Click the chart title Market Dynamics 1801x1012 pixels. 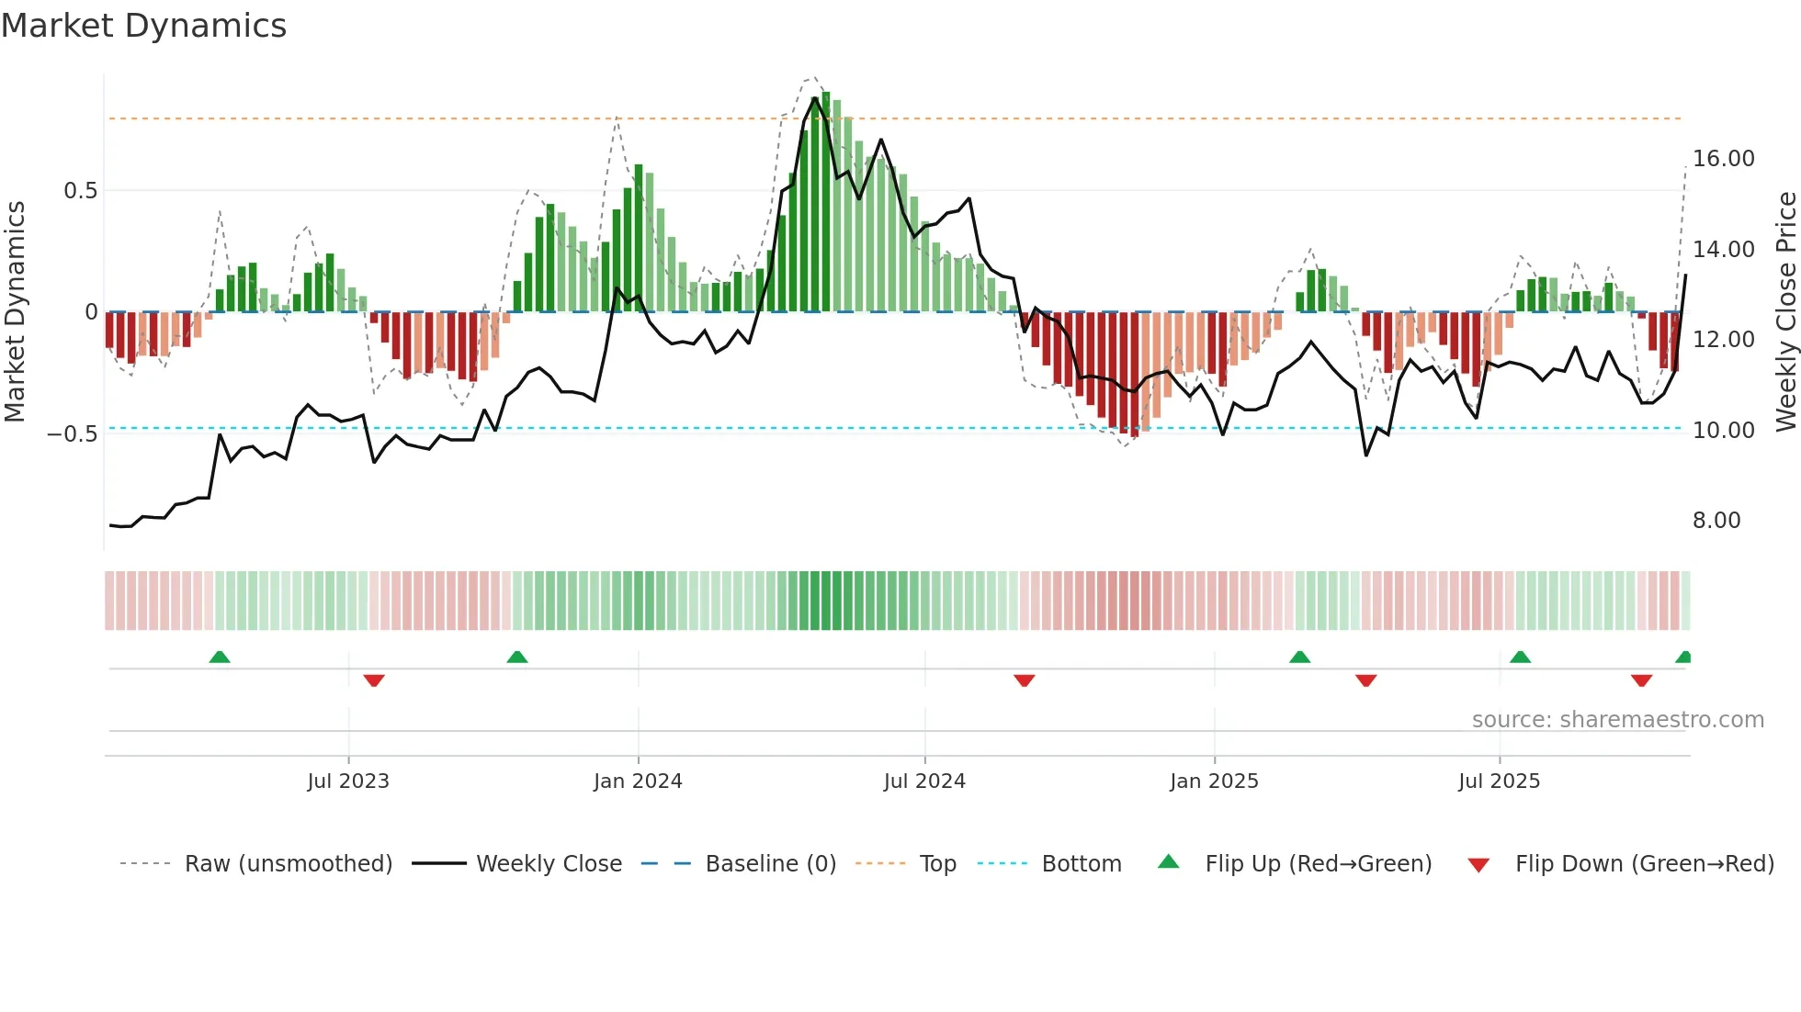143,26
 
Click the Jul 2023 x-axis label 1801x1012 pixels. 348,781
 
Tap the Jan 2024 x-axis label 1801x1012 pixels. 638,781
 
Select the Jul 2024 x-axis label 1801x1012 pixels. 924,781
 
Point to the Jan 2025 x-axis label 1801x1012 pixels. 1214,781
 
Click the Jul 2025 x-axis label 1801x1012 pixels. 1499,781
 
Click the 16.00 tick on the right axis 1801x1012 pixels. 1723,159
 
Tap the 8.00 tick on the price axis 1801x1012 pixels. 1716,521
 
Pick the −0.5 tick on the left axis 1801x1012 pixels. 73,433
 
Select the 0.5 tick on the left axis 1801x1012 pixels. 80,191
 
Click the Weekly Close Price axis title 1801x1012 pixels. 1785,312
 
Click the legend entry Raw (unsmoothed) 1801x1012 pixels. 288,864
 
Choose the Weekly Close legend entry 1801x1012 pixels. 549,864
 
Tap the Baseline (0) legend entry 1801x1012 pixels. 770,864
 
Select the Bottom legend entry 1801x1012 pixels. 1081,864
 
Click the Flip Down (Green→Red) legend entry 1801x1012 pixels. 1644,864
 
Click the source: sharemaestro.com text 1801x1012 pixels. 1617,720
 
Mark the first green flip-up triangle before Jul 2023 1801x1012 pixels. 220,658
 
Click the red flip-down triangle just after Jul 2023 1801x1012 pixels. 374,680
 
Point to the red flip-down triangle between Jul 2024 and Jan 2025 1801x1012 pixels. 1025,680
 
